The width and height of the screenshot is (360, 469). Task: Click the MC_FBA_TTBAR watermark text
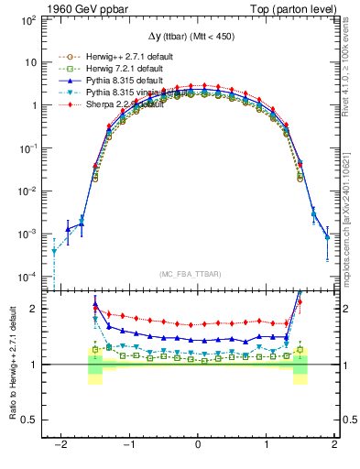198,274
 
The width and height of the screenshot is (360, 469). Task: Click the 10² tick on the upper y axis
30,19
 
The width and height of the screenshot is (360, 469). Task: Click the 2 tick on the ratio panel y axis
34,309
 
